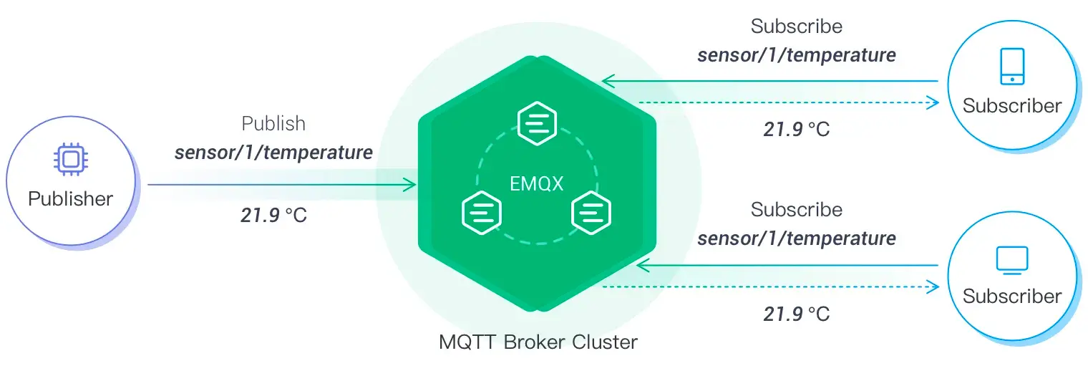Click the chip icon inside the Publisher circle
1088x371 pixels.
pos(69,159)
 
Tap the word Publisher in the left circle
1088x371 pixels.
pos(70,198)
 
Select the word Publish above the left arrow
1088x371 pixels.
pos(273,124)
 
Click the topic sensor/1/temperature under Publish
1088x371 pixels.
pos(273,152)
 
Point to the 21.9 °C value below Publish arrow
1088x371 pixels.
pos(273,215)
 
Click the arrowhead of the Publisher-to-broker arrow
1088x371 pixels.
pos(410,185)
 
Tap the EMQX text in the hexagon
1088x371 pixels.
pos(537,183)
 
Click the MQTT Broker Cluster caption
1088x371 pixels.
pos(538,342)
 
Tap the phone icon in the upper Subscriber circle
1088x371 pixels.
pos(1011,67)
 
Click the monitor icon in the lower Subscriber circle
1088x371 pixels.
pos(1011,259)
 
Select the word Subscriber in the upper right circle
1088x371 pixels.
pos(1011,106)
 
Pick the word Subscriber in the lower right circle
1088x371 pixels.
pos(1011,296)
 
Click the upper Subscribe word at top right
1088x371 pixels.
pos(796,26)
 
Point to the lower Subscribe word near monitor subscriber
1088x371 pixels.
pos(796,210)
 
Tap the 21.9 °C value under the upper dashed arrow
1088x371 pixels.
pos(796,130)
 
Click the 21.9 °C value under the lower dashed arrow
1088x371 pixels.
pos(796,314)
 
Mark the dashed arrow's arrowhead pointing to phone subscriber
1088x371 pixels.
pos(932,102)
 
